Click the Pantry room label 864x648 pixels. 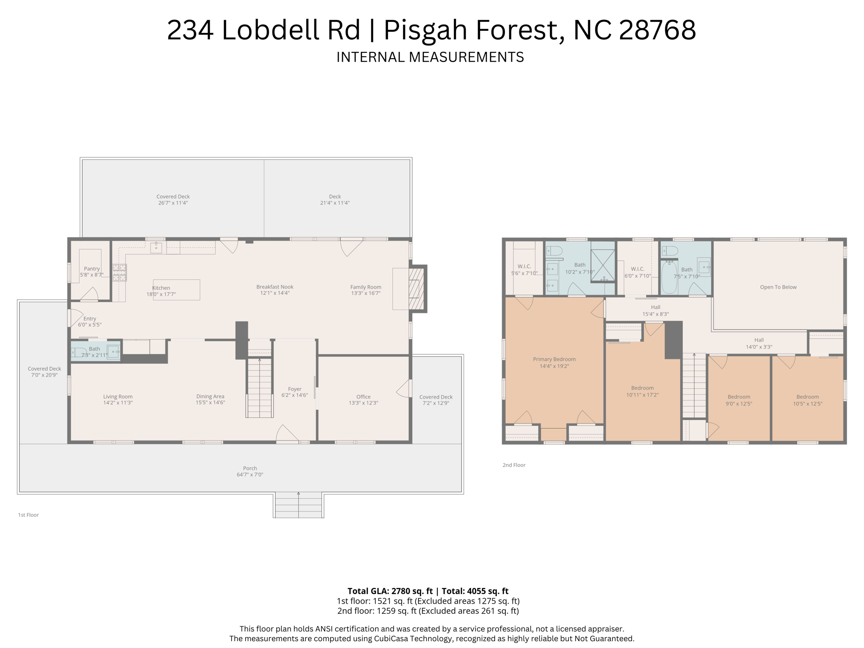pos(92,269)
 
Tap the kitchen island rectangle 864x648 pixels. pos(176,290)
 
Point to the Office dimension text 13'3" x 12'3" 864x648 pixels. pos(363,403)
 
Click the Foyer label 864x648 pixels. pos(294,389)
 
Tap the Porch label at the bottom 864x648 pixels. pos(250,468)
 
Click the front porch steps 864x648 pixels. pos(298,505)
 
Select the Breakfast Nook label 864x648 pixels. pos(275,287)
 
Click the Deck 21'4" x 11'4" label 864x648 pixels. pos(335,200)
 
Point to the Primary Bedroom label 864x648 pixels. pos(554,359)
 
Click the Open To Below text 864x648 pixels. pos(778,287)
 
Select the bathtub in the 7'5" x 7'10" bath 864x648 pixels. pos(669,277)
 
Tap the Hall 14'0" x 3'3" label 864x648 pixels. pos(759,343)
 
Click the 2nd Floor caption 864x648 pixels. pos(513,465)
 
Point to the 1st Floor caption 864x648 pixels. pos(28,515)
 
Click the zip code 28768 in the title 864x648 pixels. pos(657,30)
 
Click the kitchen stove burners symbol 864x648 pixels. pos(119,273)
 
